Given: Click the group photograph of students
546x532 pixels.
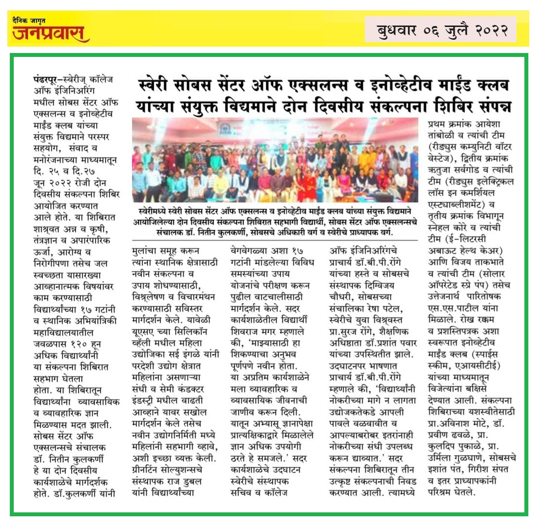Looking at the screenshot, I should (275, 160).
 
